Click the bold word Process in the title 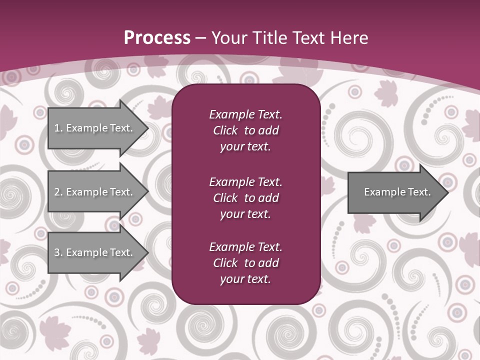tap(157, 38)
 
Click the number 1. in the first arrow tap(58, 128)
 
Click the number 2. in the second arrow tap(58, 192)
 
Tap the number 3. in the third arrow tap(58, 252)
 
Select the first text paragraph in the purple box tap(245, 130)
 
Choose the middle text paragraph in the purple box tap(245, 198)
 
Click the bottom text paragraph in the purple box tap(245, 263)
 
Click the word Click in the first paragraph tap(225, 130)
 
